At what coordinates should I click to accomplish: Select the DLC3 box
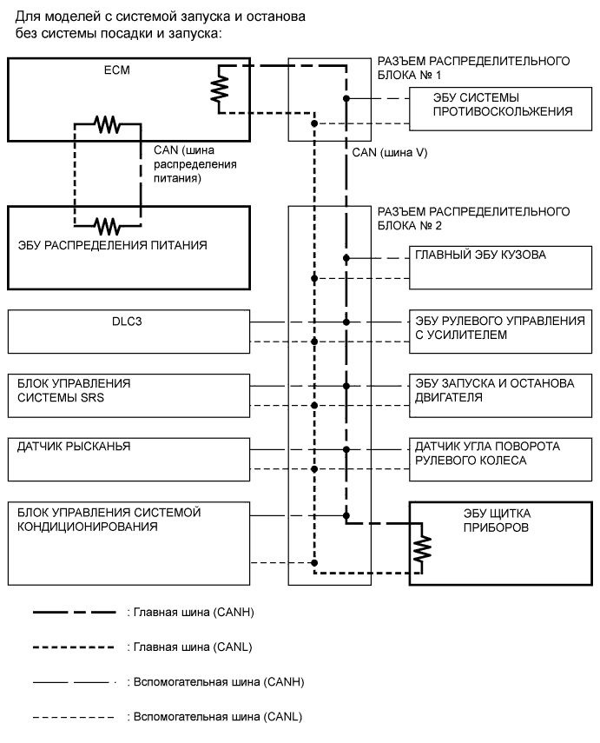tap(129, 330)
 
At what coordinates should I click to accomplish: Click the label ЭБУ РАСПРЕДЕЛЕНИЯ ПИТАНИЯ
tap(113, 246)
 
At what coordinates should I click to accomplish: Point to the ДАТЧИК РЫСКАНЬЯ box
tap(129, 459)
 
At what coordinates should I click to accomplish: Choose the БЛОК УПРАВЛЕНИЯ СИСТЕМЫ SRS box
tap(129, 395)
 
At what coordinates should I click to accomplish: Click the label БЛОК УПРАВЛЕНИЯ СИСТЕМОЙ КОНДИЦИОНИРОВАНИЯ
tap(109, 519)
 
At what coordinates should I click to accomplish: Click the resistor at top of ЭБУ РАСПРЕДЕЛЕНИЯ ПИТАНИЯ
tap(108, 227)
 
